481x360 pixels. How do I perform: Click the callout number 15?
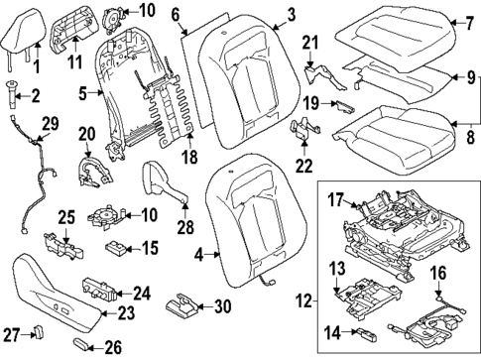point(150,247)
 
